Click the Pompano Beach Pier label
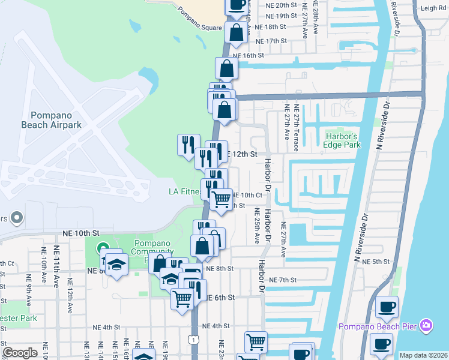coord(378,326)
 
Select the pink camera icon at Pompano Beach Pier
coord(426,326)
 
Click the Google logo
coord(20,353)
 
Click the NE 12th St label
coord(242,154)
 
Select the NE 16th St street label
coord(249,55)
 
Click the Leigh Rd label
coord(433,8)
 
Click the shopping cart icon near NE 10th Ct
coord(221,199)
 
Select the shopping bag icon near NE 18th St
coord(236,32)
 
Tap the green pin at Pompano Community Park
coord(103,247)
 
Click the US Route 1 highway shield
coord(193,340)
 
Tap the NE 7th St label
coord(283,280)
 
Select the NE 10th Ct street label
coord(247,195)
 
